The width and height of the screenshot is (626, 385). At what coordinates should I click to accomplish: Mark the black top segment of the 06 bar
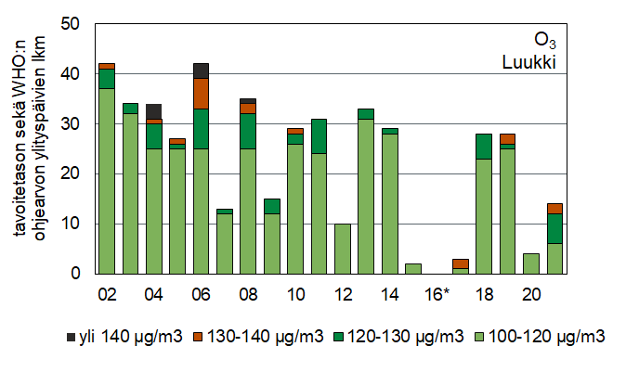201,71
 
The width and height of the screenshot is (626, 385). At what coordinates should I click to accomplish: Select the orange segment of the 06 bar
201,93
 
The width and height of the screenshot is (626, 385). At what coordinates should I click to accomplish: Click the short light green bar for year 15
414,269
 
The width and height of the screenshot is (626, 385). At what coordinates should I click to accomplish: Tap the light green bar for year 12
343,249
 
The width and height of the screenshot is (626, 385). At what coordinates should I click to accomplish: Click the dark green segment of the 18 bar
485,146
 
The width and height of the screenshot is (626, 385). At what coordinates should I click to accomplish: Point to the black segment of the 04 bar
153,111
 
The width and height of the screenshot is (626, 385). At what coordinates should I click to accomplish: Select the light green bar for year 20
532,263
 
